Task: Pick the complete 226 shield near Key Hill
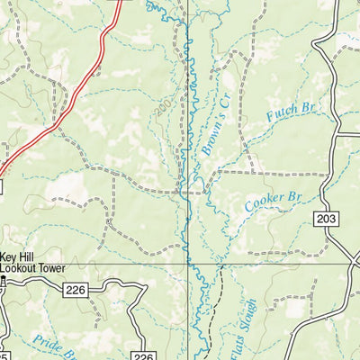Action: click(76, 289)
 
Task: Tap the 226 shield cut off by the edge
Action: click(141, 355)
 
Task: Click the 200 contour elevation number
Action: click(162, 109)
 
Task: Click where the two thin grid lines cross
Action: click(187, 265)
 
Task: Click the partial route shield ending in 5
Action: click(4, 355)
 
